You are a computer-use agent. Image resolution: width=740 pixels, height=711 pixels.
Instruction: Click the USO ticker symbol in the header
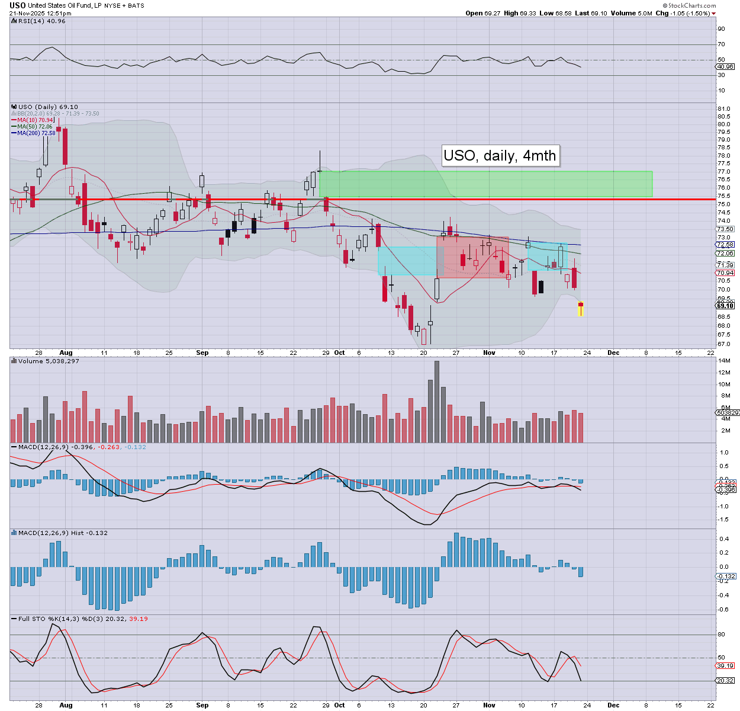pyautogui.click(x=18, y=5)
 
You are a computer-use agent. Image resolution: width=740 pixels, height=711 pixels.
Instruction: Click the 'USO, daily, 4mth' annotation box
pyautogui.click(x=500, y=156)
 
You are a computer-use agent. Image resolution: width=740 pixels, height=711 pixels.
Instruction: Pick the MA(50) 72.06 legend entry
pyautogui.click(x=34, y=127)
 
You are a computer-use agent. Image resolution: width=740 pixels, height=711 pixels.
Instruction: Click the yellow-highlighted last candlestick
pyautogui.click(x=581, y=309)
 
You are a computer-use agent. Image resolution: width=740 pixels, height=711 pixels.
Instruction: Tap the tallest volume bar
pyautogui.click(x=437, y=402)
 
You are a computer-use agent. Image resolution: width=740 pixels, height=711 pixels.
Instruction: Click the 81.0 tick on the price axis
pyautogui.click(x=723, y=109)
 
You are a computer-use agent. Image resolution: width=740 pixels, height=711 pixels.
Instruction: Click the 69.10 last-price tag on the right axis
pyautogui.click(x=725, y=306)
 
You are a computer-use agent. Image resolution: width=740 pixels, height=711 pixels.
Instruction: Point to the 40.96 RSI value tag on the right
pyautogui.click(x=725, y=67)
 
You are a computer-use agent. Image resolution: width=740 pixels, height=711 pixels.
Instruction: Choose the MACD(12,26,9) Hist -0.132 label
pyautogui.click(x=63, y=533)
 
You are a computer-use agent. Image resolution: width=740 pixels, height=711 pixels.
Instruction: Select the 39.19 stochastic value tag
pyautogui.click(x=725, y=665)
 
